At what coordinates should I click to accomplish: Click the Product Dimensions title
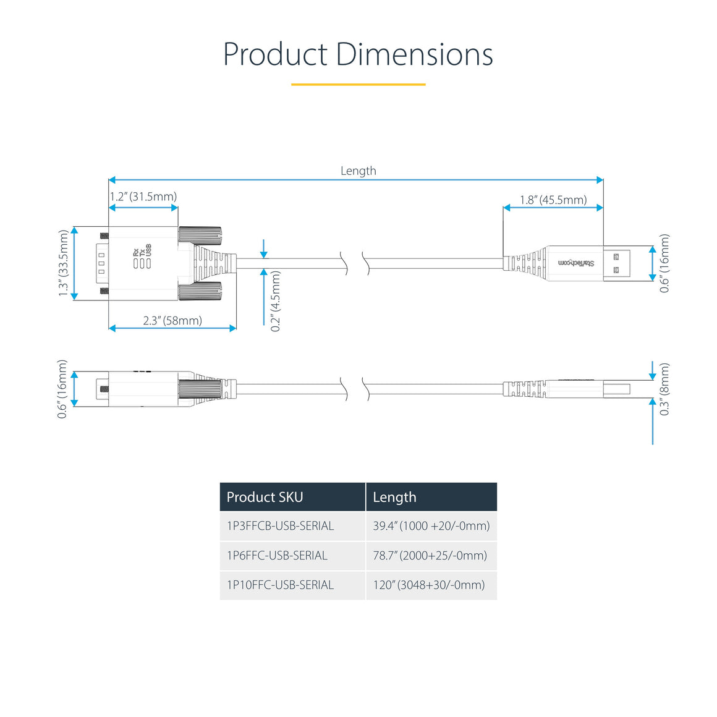[358, 54]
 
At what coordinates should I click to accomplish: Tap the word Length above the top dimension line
[358, 171]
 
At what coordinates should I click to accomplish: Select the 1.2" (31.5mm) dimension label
[143, 197]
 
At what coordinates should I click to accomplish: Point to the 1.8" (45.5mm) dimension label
[553, 200]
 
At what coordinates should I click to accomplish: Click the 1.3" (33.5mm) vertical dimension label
[63, 263]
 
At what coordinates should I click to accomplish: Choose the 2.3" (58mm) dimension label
[172, 320]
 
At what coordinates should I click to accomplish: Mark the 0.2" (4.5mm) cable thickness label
[276, 301]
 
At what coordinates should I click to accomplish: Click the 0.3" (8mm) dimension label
[664, 389]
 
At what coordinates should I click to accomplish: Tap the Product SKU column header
[265, 497]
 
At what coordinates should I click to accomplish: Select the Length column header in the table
[394, 497]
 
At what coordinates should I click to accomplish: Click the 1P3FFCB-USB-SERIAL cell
[280, 526]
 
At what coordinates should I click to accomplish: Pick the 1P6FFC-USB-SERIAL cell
[277, 556]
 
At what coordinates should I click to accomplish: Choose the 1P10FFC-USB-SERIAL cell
[280, 585]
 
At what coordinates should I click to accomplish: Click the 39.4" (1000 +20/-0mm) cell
[431, 526]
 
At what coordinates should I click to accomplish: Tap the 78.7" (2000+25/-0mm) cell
[430, 556]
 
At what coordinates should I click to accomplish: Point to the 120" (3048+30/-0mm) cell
[428, 585]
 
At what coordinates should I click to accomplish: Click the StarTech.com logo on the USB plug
[576, 263]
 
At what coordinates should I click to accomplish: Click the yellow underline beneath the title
[358, 84]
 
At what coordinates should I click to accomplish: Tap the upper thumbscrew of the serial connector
[200, 234]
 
